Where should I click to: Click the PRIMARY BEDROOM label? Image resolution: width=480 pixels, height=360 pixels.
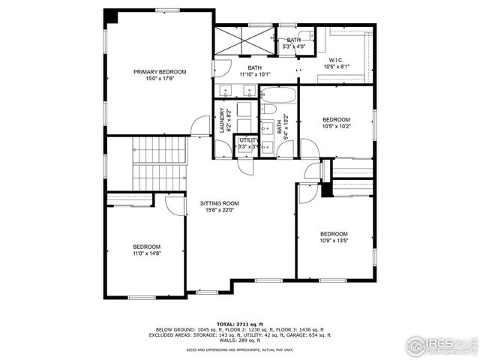click(160, 72)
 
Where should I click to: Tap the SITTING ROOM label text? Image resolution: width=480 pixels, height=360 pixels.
click(220, 203)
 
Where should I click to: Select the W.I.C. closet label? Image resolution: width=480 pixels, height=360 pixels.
click(336, 60)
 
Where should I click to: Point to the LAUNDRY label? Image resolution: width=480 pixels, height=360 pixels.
click(222, 120)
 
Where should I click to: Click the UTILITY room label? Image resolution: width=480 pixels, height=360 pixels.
click(247, 139)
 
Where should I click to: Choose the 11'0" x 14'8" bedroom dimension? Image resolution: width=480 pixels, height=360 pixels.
click(146, 254)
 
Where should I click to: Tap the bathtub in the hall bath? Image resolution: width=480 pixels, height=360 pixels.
click(278, 95)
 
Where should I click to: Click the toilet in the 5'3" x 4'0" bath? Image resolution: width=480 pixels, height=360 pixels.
click(305, 35)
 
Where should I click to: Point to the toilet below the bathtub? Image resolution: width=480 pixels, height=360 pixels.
click(268, 109)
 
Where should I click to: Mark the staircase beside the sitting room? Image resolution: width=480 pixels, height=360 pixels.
click(158, 163)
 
